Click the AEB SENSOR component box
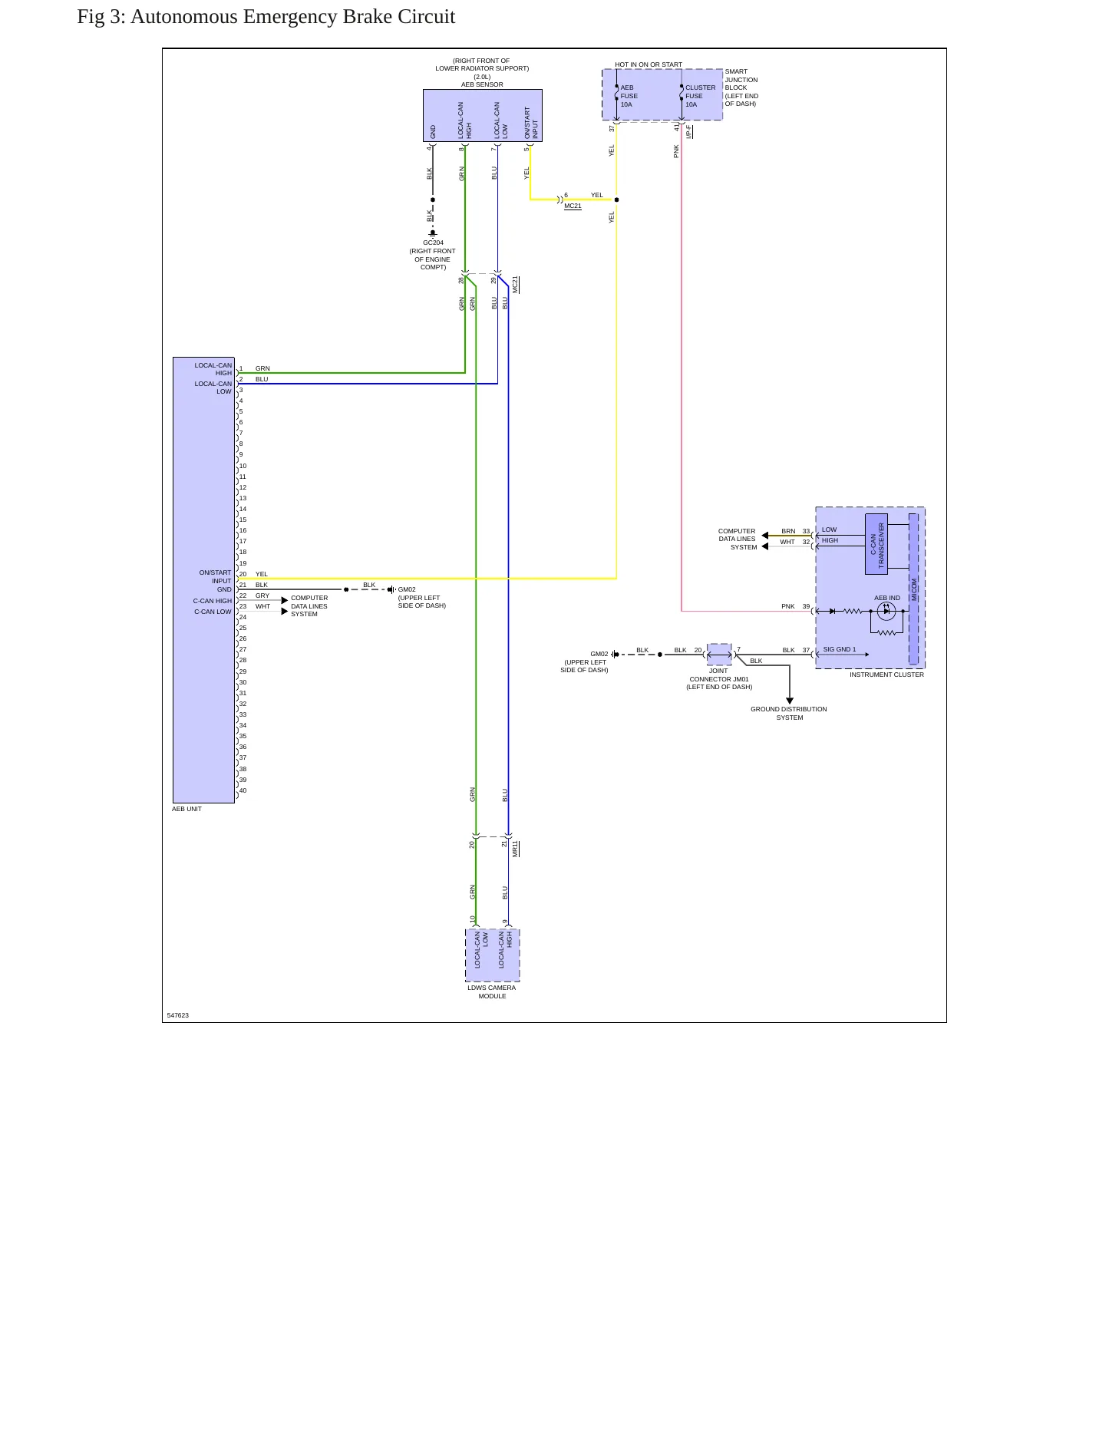coord(483,115)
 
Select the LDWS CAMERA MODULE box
coord(493,955)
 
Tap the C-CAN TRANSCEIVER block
coord(876,544)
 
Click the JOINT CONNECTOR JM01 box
coord(719,655)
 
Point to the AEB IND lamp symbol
coord(886,612)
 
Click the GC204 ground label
coord(433,242)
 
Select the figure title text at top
coord(266,17)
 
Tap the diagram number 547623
coord(178,1015)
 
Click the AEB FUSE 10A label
coord(629,96)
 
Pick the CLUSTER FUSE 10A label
coord(700,96)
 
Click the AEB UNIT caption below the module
coord(186,809)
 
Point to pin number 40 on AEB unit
coord(243,790)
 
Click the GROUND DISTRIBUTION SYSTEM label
coord(789,713)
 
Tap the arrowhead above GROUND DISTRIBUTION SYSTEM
coord(790,701)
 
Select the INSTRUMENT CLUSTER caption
coord(886,675)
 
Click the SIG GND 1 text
coord(839,649)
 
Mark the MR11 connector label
coord(516,848)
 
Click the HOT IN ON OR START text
coord(649,64)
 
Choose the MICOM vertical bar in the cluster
coord(913,589)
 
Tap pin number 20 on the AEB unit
coord(243,574)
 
